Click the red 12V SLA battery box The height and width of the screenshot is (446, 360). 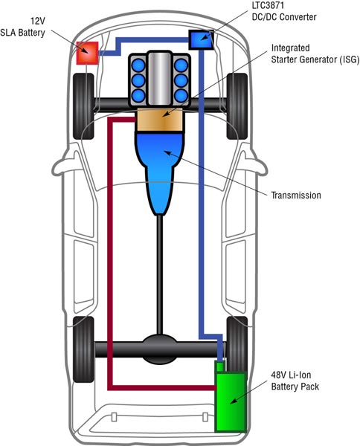pyautogui.click(x=88, y=53)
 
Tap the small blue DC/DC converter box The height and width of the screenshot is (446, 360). pyautogui.click(x=200, y=39)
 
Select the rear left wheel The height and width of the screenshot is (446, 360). pyautogui.click(x=85, y=347)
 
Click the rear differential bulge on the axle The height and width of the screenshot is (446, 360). pyautogui.click(x=161, y=347)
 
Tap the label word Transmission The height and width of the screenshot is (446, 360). pyautogui.click(x=296, y=195)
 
